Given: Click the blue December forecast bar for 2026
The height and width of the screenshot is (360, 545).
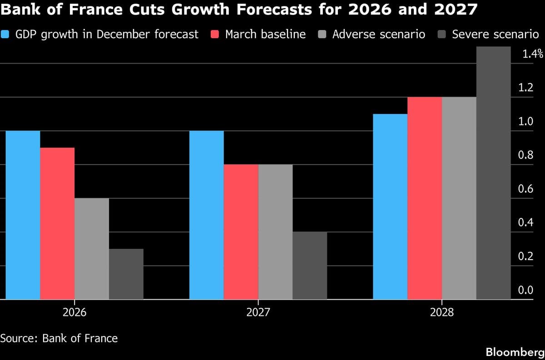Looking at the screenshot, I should pos(23,215).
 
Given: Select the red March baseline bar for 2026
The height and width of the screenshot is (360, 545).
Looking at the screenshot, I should pos(57,223).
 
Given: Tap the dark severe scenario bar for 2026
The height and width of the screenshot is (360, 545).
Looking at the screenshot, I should pos(126,274).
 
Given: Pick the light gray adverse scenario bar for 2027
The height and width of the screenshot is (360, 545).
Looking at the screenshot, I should pos(276,232).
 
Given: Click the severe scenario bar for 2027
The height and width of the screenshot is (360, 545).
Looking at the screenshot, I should pos(310,266).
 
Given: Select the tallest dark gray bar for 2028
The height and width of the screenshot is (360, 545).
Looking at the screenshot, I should pos(494,173).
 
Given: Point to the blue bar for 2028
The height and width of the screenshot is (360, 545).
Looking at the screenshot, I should pos(390,207).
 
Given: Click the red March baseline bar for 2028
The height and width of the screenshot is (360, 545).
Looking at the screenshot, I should pos(425,198).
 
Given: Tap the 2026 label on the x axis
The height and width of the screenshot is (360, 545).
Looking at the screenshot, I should pos(74,313).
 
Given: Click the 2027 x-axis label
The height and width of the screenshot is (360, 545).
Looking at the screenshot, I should pos(258,313).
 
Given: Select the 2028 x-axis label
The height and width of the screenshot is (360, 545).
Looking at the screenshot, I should pos(442,313).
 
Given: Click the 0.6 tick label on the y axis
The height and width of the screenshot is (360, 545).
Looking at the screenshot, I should pos(525,189).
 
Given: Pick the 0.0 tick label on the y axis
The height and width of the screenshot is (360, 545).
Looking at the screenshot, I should pos(525,290).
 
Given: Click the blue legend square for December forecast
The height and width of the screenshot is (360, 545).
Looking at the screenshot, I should pos(6,34).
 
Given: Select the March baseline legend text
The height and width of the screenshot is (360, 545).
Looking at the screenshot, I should pos(265,34).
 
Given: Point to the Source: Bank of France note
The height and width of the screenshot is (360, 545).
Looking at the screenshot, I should pos(59,338).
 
